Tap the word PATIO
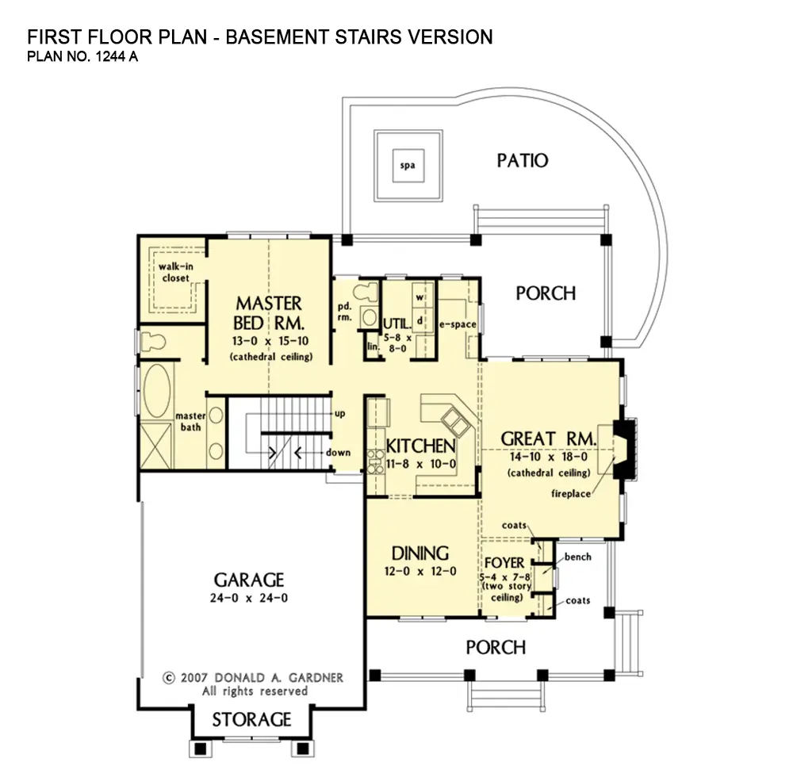coord(522,161)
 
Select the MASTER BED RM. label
coord(269,314)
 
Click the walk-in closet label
coord(174,272)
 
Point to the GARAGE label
coord(249,580)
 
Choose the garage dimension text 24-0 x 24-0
coord(249,598)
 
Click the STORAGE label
coord(251,720)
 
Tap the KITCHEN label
coord(420,446)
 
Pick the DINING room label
coord(420,553)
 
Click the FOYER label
coord(504,563)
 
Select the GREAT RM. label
coord(548,438)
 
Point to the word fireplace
coord(570,494)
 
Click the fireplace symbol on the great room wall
coord(626,449)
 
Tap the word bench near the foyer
coord(578,557)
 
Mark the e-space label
coord(457,324)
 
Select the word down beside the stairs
coord(339,453)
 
